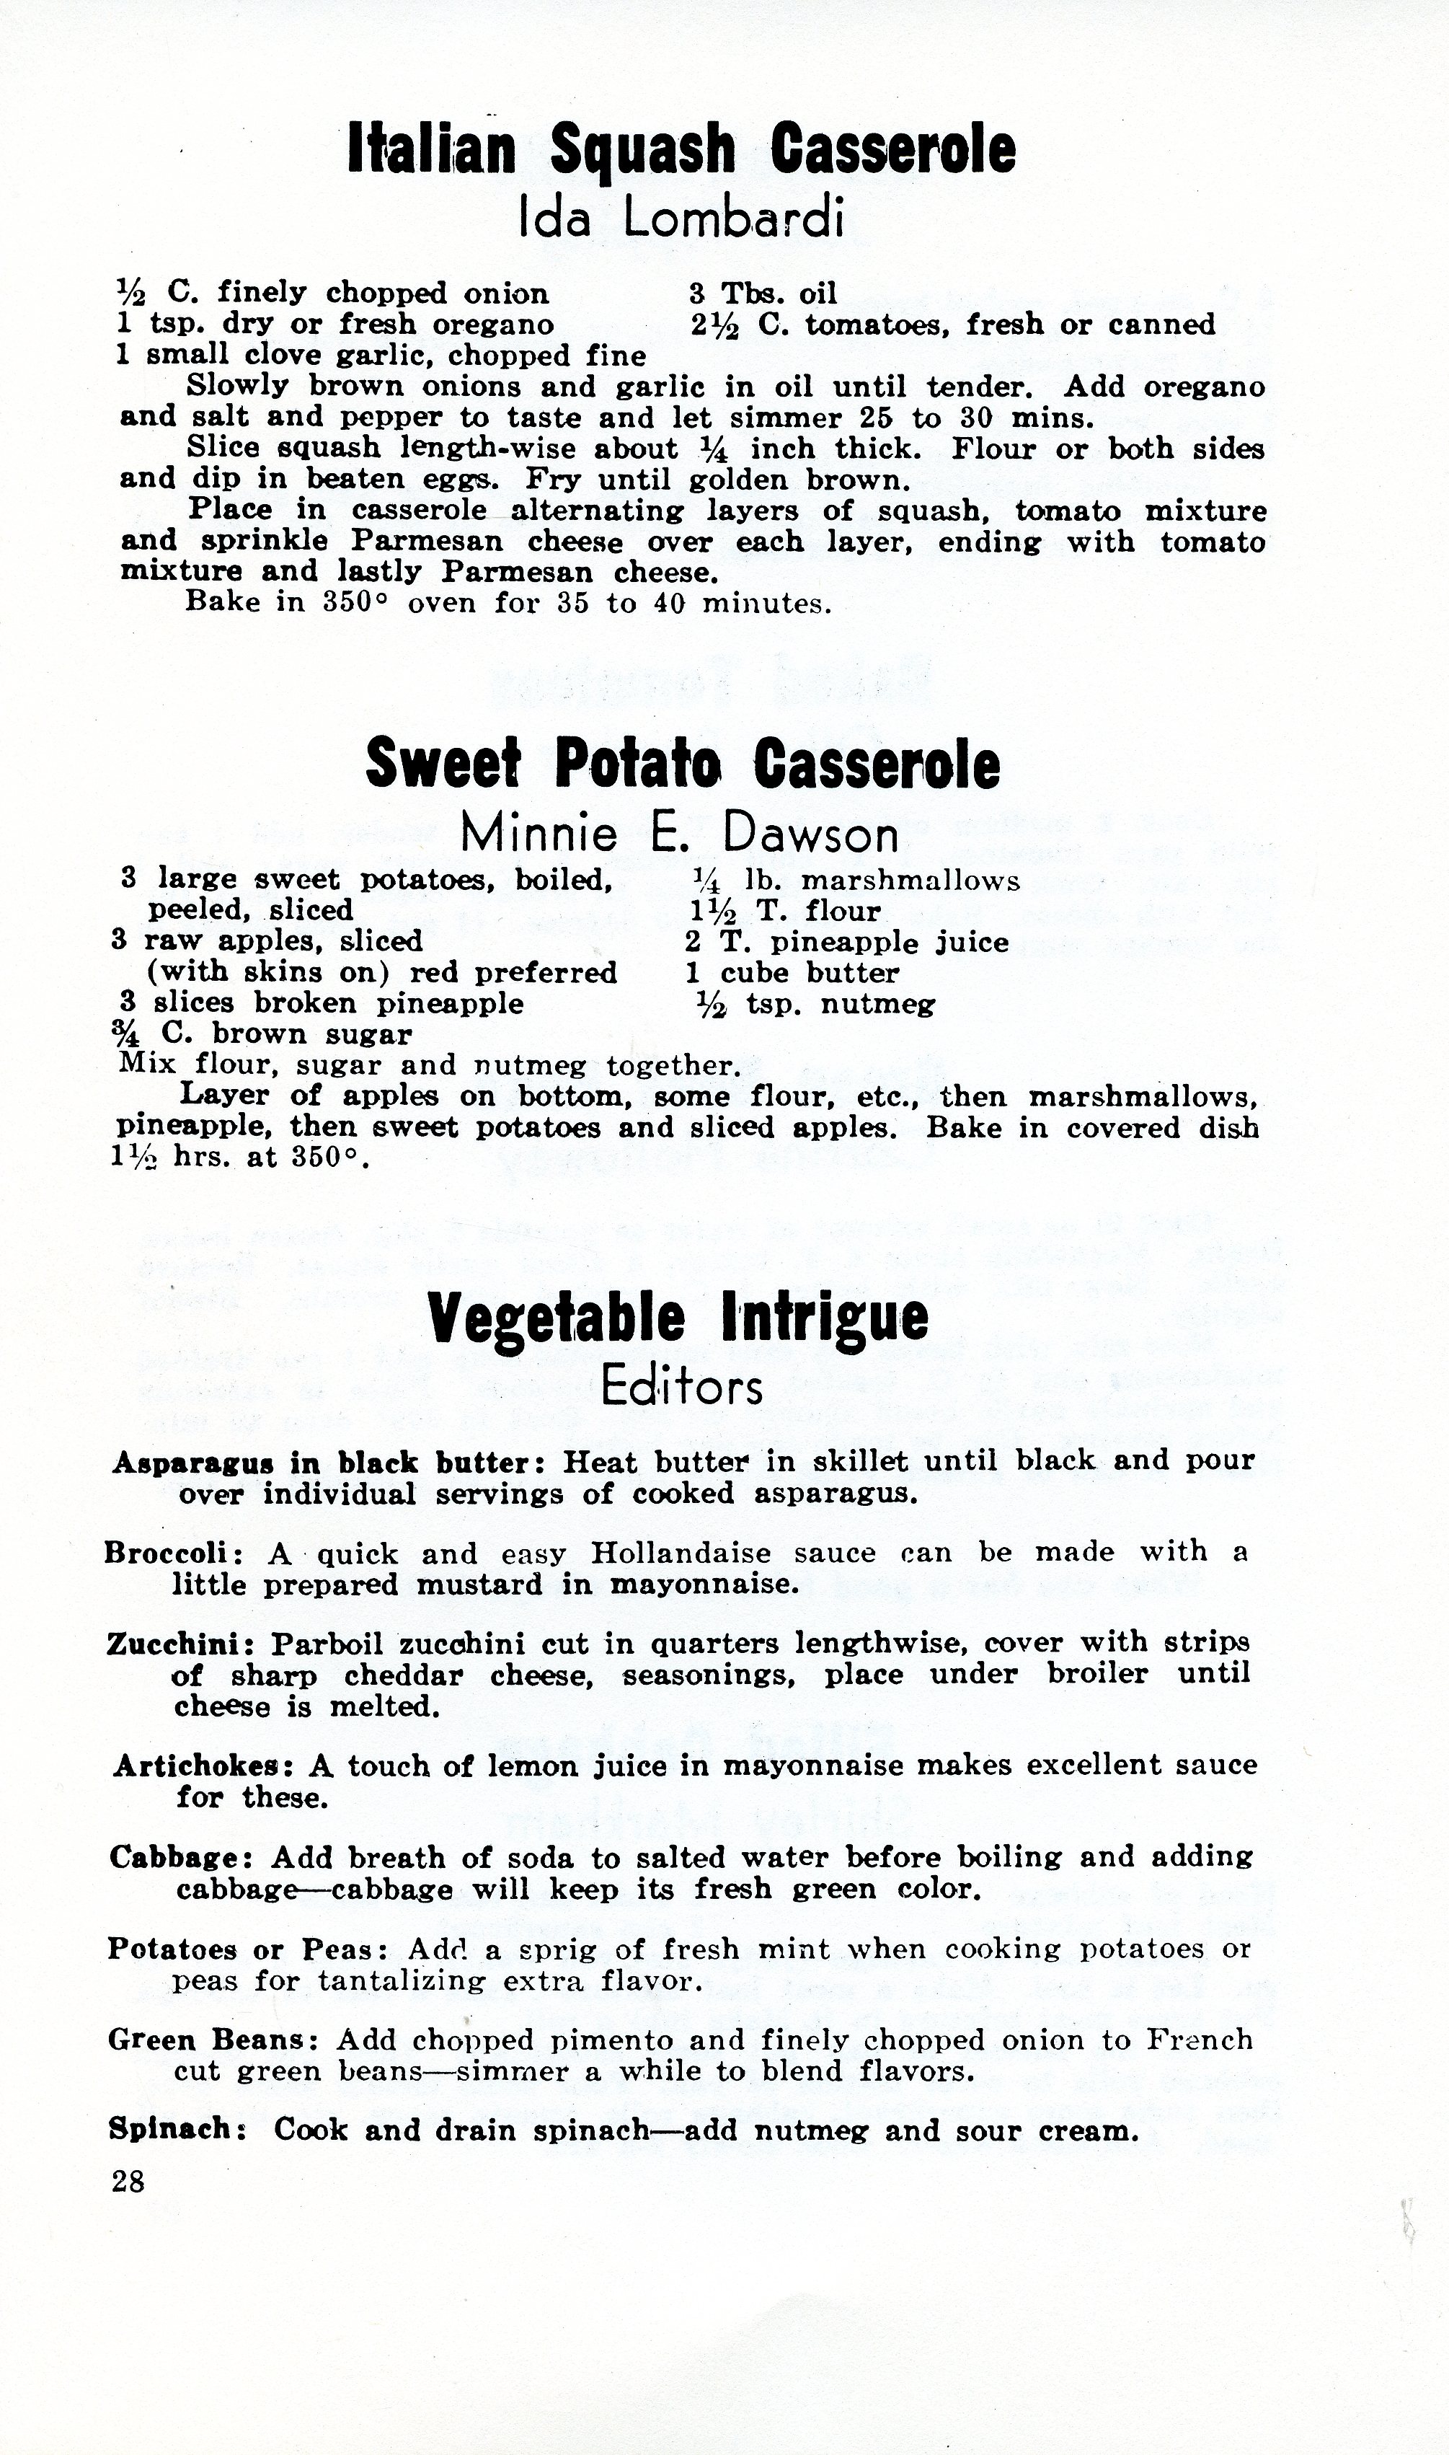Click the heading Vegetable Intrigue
tap(678, 1318)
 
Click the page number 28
tap(128, 2181)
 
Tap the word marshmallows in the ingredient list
tap(910, 882)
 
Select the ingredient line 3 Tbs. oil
tap(763, 293)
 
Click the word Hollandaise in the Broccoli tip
tap(681, 1553)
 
